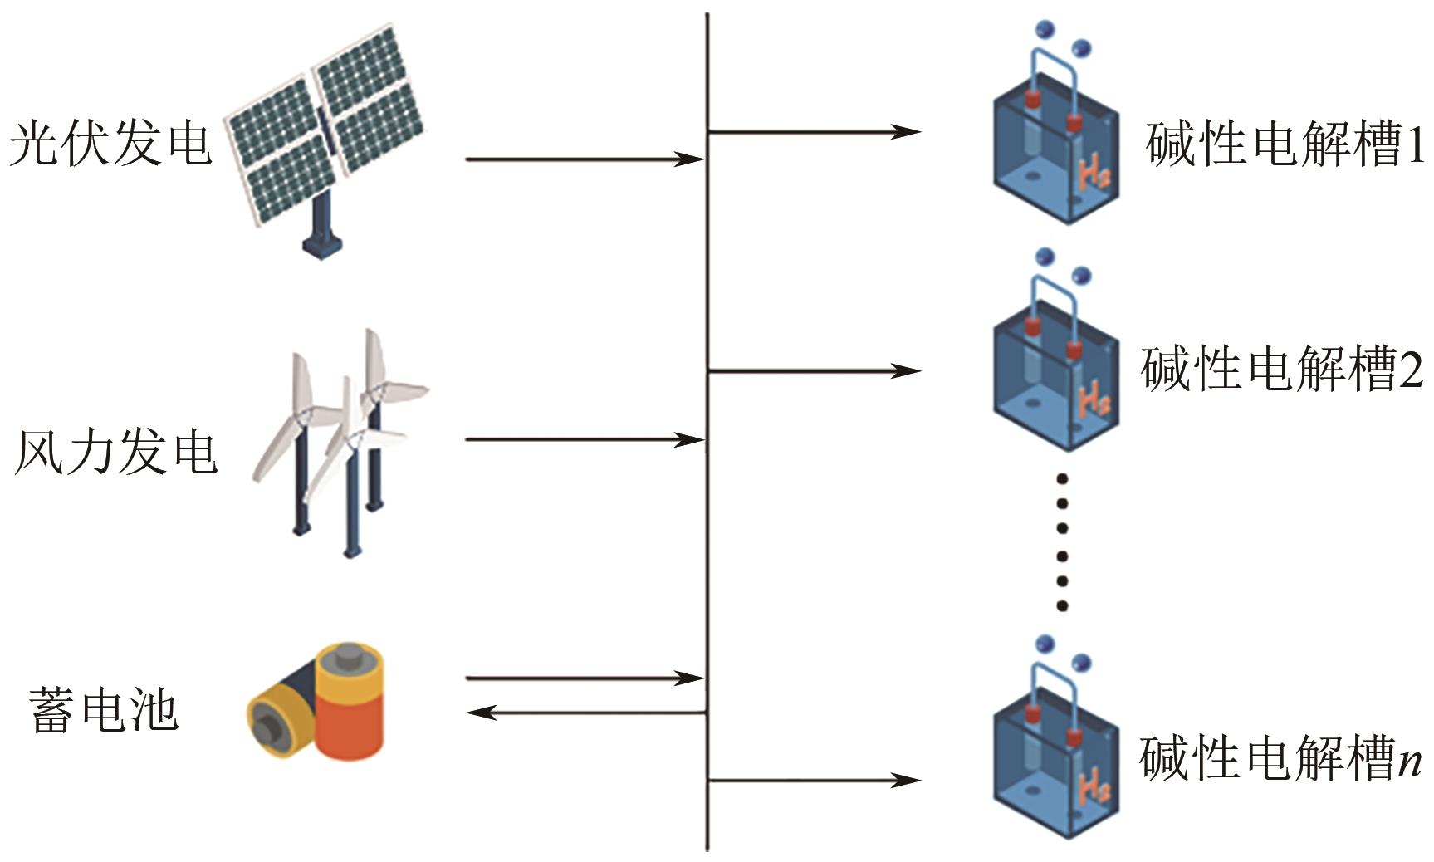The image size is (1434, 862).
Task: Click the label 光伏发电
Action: tap(110, 143)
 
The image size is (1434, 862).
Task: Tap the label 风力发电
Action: tap(116, 453)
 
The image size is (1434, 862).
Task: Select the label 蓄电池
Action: tap(104, 710)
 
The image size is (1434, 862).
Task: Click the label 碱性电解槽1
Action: tap(1284, 144)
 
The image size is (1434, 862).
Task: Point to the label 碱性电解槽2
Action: tap(1281, 369)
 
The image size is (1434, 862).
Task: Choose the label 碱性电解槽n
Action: tap(1280, 758)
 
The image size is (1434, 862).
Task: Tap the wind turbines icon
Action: tap(340, 440)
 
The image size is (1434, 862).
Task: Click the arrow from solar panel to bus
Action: tap(585, 159)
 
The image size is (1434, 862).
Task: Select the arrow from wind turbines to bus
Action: tap(585, 439)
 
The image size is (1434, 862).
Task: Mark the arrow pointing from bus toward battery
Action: tap(585, 713)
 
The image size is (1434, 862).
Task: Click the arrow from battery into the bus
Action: tap(585, 678)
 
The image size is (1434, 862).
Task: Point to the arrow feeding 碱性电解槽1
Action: tap(814, 131)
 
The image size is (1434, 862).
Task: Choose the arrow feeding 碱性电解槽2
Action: tap(814, 370)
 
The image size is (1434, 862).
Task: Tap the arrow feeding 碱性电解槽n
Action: tap(814, 780)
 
